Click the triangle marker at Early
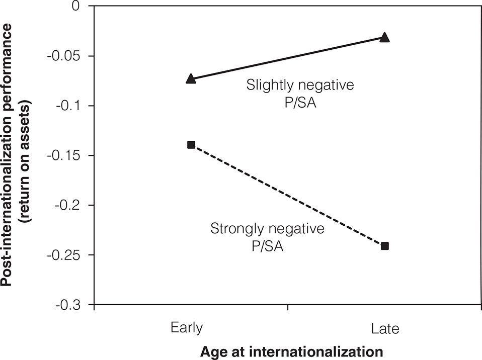point(191,78)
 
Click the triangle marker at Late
point(384,37)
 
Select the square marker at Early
point(191,145)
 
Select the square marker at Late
point(385,246)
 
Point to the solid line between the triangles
point(287,58)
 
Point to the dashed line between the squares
point(288,196)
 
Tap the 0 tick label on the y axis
point(76,7)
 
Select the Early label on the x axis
point(187,328)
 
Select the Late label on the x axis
point(385,329)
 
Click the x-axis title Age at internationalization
point(287,350)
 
